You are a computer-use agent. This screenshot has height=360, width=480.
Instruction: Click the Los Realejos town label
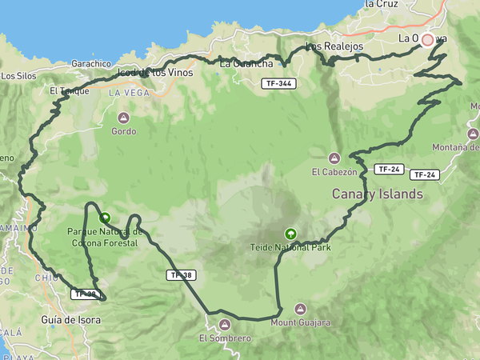click(x=334, y=46)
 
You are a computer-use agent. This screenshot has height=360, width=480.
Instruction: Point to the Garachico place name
click(x=90, y=63)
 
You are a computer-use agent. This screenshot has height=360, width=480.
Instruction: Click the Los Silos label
click(x=19, y=76)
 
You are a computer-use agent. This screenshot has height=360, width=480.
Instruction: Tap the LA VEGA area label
click(x=125, y=93)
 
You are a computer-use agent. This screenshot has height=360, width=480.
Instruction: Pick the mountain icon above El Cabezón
click(x=334, y=157)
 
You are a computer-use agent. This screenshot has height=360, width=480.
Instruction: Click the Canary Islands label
click(x=377, y=194)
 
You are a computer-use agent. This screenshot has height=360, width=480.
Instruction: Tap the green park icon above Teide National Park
click(x=290, y=234)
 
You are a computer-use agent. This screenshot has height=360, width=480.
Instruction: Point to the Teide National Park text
click(x=290, y=247)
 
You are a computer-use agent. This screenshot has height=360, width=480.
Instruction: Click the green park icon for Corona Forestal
click(x=104, y=217)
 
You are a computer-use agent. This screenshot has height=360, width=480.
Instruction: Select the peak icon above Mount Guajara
click(x=300, y=309)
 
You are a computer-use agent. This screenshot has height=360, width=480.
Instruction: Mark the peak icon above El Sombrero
click(x=225, y=324)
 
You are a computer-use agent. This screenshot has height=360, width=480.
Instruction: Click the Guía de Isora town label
click(x=70, y=320)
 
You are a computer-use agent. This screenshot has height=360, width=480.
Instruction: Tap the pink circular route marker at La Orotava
click(x=427, y=39)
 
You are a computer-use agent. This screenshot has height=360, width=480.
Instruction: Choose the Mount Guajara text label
click(x=300, y=322)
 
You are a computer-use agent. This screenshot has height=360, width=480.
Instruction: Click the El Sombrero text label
click(x=225, y=338)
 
